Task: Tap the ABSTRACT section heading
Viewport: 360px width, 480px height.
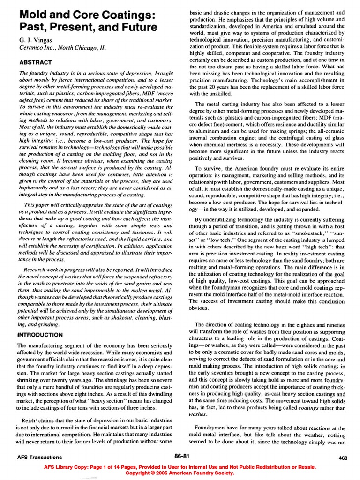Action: point(36,62)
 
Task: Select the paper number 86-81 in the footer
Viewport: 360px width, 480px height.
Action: point(181,455)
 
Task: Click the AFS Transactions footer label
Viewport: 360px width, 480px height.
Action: point(40,457)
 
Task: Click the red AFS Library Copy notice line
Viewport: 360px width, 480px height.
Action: point(180,467)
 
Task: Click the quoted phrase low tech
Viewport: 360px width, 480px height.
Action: point(218,226)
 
